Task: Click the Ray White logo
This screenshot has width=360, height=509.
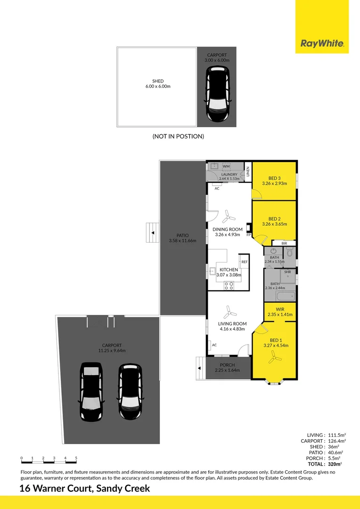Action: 322,43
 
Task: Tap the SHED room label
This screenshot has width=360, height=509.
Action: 158,81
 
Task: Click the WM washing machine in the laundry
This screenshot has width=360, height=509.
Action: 226,166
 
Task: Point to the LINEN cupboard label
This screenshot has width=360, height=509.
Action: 248,172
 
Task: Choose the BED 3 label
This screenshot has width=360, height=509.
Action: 274,178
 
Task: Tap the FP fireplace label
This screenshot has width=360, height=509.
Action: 248,235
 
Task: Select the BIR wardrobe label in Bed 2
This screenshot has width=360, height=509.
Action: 284,243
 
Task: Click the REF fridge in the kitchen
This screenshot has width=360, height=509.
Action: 244,262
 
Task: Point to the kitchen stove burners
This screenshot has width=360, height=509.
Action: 229,286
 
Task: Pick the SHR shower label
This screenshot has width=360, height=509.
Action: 287,272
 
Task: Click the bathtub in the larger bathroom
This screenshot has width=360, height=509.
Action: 286,296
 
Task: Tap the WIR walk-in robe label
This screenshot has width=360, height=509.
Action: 280,309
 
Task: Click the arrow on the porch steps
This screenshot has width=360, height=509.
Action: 199,368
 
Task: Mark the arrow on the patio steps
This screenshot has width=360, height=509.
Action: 153,233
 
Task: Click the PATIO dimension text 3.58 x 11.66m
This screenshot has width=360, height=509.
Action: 182,241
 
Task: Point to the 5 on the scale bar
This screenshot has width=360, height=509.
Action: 76,458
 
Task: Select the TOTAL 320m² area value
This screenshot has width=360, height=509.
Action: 335,464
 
